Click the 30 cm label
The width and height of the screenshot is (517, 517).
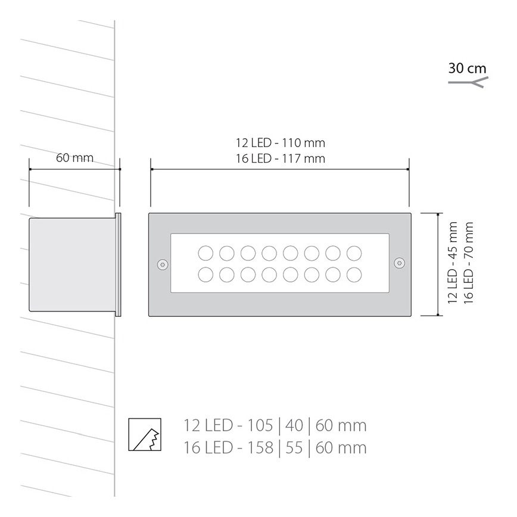(467, 68)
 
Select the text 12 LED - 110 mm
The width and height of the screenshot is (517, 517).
(280, 143)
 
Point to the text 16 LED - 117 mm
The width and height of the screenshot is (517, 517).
(280, 158)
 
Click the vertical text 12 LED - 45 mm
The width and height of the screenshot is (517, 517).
(453, 263)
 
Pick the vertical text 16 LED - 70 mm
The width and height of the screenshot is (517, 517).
(469, 263)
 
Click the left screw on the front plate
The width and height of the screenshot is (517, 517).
(161, 263)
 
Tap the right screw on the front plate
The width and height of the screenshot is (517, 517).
(399, 263)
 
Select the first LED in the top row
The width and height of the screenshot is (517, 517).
(205, 253)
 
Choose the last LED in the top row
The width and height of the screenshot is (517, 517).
(354, 253)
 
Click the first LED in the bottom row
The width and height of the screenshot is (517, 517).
(205, 275)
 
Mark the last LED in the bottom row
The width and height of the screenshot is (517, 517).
(354, 275)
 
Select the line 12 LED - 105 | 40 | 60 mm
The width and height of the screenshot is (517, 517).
(275, 426)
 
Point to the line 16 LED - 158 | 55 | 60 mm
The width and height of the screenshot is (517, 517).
(275, 447)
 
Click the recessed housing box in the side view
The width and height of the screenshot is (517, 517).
(71, 264)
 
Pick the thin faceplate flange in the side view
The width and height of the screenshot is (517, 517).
(118, 264)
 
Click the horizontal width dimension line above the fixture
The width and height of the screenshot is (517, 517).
(279, 170)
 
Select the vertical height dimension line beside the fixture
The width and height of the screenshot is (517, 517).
(439, 264)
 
